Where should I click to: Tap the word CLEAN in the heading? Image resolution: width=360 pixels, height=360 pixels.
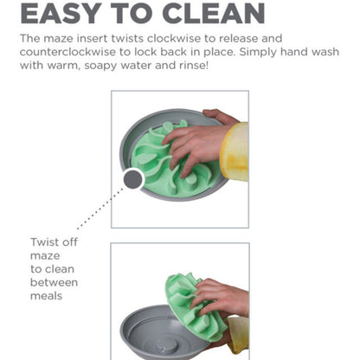coord(214,13)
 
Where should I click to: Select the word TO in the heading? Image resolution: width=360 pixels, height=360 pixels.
coord(134,13)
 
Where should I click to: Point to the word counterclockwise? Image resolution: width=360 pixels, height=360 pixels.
coord(67,52)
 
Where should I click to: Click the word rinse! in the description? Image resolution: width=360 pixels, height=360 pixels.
coord(194,65)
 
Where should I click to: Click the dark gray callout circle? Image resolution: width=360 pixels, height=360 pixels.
coord(133,179)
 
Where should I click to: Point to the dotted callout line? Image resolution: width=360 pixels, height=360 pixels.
coord(100,209)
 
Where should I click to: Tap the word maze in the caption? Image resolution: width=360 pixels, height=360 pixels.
coord(45,256)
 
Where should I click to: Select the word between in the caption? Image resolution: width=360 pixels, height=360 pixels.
coord(54,282)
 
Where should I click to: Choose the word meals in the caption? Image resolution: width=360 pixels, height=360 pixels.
coord(46,296)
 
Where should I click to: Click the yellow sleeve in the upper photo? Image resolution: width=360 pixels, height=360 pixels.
coord(235,152)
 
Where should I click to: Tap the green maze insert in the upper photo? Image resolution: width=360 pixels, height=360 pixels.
coord(150,170)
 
